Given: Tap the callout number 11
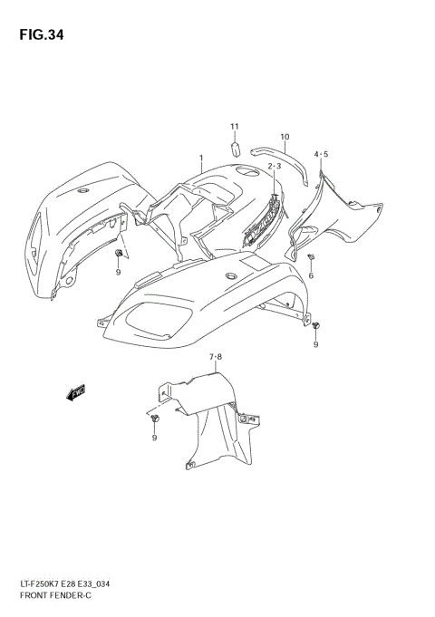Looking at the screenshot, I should (233, 126).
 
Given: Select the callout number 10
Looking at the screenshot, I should (285, 138).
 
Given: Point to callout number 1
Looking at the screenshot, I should (200, 158).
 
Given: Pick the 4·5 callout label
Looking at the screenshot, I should (321, 155).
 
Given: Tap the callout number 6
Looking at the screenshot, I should (311, 275).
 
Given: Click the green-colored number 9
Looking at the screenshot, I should (118, 271).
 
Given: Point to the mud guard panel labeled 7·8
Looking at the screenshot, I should (213, 417).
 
